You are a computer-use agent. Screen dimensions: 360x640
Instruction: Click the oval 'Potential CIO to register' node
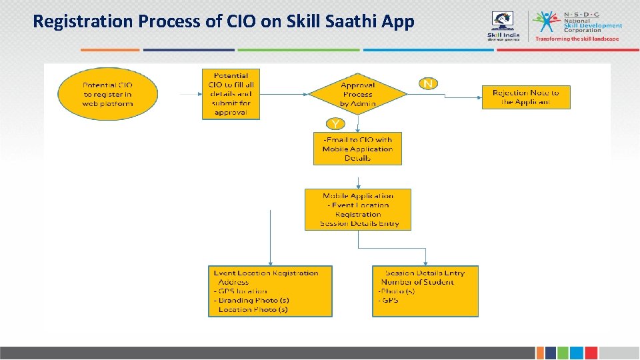tap(108, 94)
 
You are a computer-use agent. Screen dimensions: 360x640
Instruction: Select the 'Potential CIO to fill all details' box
tap(231, 94)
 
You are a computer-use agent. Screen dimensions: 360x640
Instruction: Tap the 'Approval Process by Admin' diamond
tap(358, 94)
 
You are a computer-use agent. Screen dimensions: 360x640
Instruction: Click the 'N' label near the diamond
tap(428, 83)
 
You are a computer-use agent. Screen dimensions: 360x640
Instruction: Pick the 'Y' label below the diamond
tap(335, 123)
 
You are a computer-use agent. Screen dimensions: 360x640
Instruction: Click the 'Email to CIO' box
tap(358, 149)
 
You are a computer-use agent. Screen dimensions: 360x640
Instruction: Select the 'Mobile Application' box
tap(358, 209)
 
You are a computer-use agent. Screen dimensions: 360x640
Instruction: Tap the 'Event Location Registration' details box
tap(270, 291)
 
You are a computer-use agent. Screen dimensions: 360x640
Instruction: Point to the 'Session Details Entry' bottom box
tap(425, 291)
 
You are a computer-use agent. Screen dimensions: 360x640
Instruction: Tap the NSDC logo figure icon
tap(548, 22)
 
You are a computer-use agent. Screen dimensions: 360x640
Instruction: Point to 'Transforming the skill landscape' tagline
tap(577, 39)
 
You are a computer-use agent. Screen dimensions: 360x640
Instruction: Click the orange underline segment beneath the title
tap(110, 49)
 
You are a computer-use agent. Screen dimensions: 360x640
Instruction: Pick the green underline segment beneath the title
tap(298, 49)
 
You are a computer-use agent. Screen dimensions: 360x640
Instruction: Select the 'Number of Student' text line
tap(418, 282)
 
